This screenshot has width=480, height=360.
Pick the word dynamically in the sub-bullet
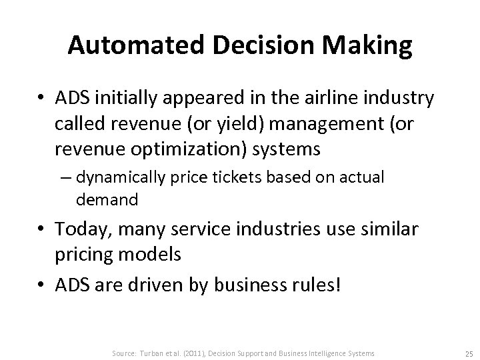(119, 179)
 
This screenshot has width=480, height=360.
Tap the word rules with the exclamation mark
(315, 285)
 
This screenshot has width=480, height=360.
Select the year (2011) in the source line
(208, 353)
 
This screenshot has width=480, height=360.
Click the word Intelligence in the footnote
(324, 353)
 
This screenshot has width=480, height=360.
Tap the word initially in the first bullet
(123, 99)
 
